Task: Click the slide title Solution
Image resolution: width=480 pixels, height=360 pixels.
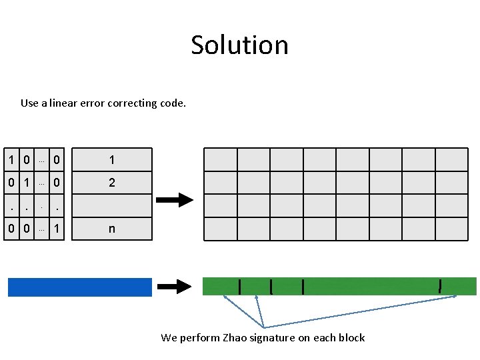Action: [x=239, y=45]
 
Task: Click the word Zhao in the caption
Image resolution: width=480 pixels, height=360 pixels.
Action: [x=234, y=337]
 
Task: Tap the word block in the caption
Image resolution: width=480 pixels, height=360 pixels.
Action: [x=351, y=337]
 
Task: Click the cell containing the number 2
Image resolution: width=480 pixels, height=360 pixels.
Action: [x=111, y=182]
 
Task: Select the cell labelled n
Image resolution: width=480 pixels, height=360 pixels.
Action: [x=111, y=229]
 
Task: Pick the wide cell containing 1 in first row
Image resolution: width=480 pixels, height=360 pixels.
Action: [x=111, y=160]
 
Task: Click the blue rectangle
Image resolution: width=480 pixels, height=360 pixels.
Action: [x=80, y=287]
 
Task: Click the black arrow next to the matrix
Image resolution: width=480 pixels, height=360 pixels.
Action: [x=175, y=199]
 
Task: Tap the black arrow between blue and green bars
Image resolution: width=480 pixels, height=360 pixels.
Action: [x=175, y=287]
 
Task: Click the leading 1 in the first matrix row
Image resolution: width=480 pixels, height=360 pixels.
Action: [x=12, y=160]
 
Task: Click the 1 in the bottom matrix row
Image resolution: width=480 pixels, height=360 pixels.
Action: [x=58, y=229]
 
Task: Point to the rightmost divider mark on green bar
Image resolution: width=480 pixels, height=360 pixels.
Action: [x=440, y=286]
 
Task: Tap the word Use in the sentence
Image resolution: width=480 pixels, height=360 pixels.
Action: [x=29, y=103]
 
